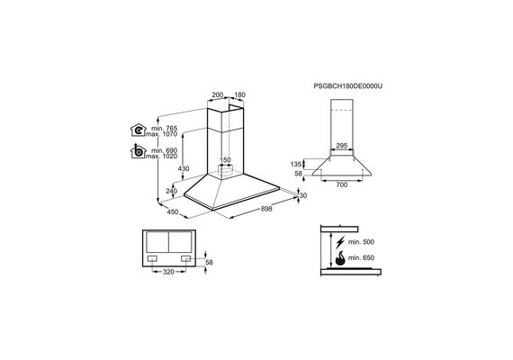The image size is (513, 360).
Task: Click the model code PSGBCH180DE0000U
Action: (x=347, y=86)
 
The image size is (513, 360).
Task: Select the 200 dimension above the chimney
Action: (x=218, y=94)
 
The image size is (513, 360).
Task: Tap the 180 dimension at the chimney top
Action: (x=239, y=94)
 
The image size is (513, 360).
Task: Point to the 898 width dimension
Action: (x=266, y=209)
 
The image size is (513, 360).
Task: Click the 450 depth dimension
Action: (x=173, y=211)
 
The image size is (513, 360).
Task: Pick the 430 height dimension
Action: (x=184, y=169)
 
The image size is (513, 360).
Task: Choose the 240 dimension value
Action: (x=171, y=191)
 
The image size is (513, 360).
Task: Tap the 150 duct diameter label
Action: (x=225, y=160)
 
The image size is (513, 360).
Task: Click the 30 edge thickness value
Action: (x=303, y=195)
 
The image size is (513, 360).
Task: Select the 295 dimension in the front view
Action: (x=342, y=146)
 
